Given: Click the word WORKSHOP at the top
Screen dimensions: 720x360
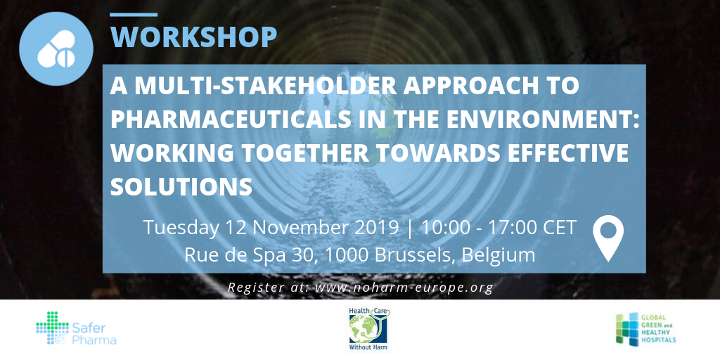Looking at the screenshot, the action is click(193, 37).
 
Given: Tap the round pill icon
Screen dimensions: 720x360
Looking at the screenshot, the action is click(56, 49).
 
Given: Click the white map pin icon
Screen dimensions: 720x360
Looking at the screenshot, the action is click(608, 238).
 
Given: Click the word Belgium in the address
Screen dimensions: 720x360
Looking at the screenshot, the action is click(499, 255).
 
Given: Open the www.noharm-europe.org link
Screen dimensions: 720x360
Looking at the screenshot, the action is click(404, 288).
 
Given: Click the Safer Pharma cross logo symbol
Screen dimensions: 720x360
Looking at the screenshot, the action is click(52, 328).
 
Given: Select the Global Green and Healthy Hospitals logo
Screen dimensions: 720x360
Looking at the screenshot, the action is click(645, 329).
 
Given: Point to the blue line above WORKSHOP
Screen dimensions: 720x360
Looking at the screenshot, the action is click(134, 15).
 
